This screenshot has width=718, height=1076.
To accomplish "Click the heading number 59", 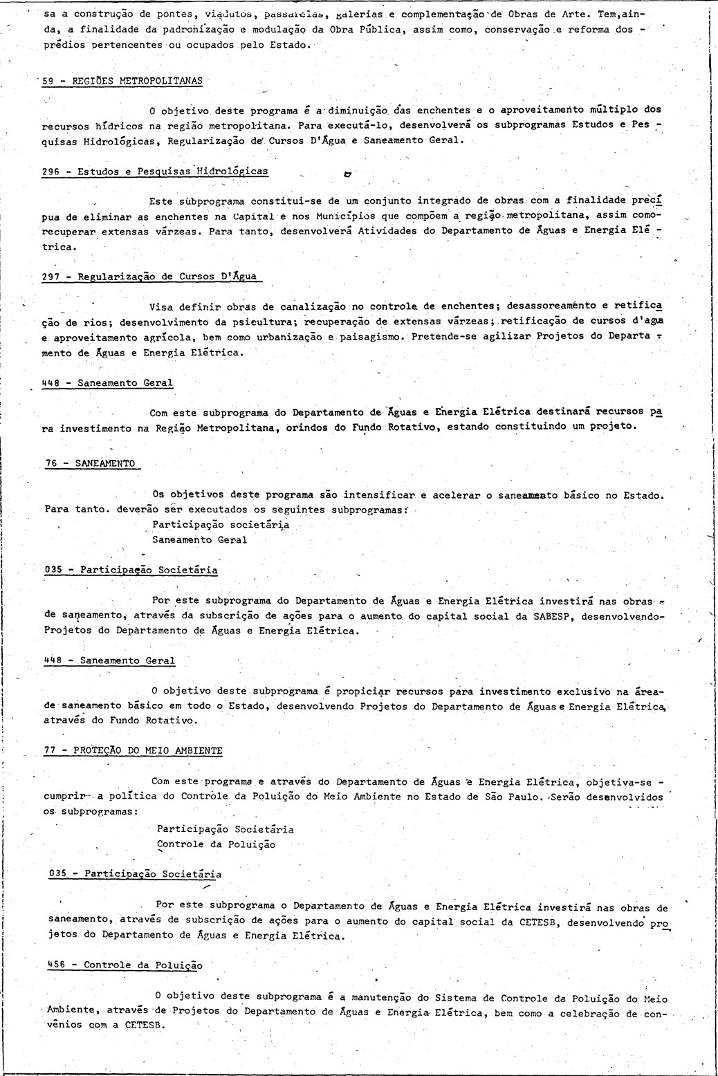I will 48,80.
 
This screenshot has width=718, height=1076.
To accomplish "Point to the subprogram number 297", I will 50,277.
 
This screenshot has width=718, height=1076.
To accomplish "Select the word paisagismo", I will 371,337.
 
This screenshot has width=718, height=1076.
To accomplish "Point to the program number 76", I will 50,463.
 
